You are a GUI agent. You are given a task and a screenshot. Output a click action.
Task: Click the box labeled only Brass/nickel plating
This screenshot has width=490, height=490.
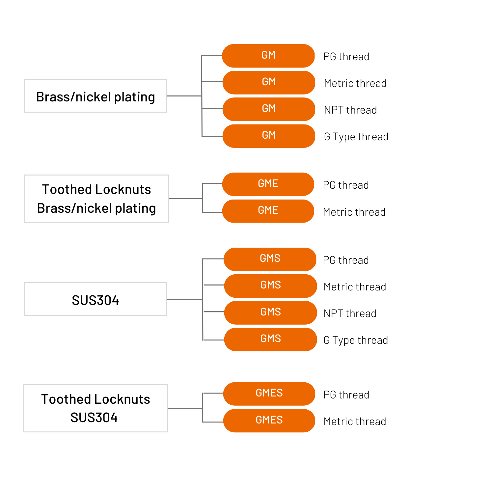click(95, 96)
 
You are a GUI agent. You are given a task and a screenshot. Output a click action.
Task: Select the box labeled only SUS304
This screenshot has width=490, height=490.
click(95, 299)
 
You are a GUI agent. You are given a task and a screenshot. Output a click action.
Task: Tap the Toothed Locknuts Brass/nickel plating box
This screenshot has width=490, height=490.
click(96, 199)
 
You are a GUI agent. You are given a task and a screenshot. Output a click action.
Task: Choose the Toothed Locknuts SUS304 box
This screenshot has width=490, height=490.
click(96, 408)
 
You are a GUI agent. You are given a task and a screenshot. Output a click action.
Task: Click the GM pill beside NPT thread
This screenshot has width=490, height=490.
click(269, 109)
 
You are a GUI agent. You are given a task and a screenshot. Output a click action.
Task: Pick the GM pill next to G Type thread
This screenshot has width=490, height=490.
click(269, 136)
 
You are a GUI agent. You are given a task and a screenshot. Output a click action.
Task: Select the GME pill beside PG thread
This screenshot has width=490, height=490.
click(268, 184)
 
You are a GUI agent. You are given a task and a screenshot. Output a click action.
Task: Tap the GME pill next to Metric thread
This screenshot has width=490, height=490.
click(268, 211)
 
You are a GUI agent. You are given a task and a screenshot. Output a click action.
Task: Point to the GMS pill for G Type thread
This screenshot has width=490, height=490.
click(270, 340)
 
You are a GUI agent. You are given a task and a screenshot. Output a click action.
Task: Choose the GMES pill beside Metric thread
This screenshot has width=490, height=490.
click(269, 421)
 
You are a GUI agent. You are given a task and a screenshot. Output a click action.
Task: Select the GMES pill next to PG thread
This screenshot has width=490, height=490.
click(269, 394)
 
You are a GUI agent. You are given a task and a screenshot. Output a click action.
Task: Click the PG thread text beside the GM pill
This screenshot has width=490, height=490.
click(346, 57)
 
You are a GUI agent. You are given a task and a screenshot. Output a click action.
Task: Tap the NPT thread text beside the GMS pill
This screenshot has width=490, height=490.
click(350, 313)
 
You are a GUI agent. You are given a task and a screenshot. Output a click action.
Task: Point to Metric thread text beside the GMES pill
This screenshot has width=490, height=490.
click(355, 422)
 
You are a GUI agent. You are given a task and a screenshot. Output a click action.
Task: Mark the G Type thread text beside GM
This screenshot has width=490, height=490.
click(356, 137)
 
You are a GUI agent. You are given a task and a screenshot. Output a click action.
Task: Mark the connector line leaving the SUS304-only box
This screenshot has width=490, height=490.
click(185, 299)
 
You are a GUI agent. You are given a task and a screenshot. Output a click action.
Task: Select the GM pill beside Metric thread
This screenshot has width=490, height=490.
click(269, 83)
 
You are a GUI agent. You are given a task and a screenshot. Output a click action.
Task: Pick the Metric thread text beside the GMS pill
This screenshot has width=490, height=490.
click(355, 287)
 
